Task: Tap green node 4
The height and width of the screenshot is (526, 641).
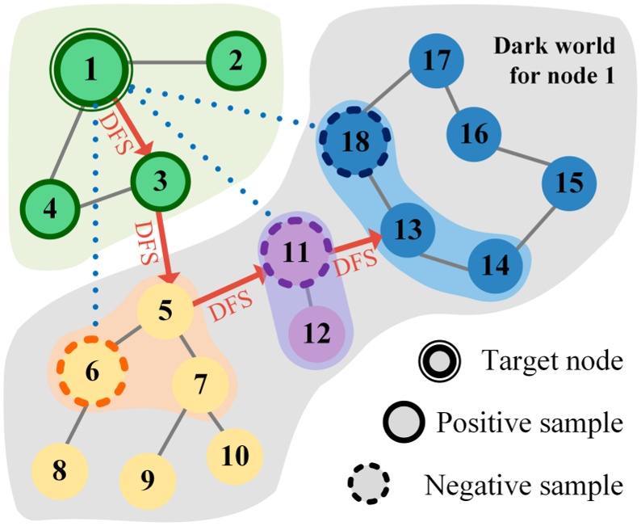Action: (x=50, y=208)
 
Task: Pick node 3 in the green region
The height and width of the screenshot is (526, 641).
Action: (x=160, y=180)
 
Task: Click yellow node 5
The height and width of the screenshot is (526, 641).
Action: (x=165, y=309)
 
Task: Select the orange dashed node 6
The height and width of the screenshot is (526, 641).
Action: (x=91, y=371)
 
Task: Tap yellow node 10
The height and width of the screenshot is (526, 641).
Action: (x=234, y=456)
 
